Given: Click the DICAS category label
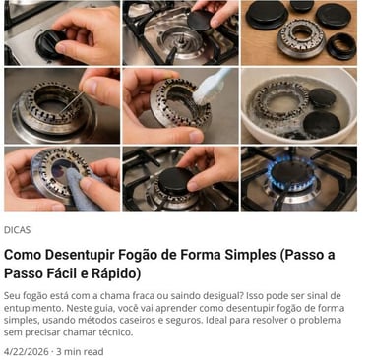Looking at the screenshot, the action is [x=17, y=230].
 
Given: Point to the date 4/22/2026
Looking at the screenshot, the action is [x=26, y=352].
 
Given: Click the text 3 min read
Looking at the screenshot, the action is [x=80, y=352].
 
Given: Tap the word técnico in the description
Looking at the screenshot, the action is [x=116, y=332].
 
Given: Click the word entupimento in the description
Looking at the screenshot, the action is [x=32, y=309].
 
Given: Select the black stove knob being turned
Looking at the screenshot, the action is [x=49, y=43].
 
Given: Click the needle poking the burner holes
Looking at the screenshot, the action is [x=73, y=102].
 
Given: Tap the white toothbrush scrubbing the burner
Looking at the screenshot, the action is [x=211, y=85].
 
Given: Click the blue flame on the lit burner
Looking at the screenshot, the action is [x=290, y=171].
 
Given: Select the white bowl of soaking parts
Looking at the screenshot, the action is [x=298, y=105].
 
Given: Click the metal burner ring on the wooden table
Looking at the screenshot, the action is [x=301, y=37].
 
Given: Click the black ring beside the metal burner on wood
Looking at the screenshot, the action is [x=340, y=46].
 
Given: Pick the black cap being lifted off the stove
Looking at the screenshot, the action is [x=201, y=21].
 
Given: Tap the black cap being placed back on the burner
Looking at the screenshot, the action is [x=176, y=181].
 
